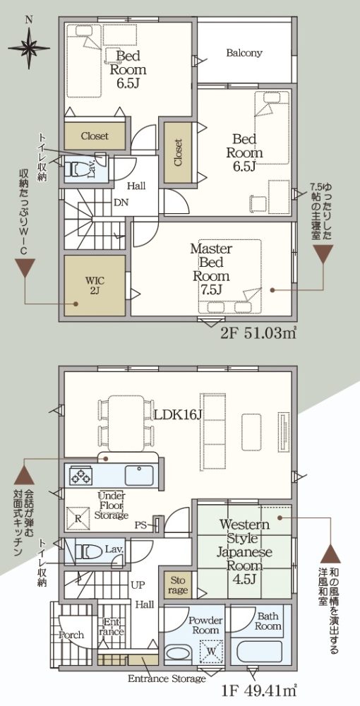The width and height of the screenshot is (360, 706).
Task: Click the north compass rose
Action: click(x=29, y=46)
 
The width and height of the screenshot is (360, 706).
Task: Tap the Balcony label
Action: click(x=244, y=53)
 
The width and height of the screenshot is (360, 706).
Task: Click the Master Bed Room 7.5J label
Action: click(x=211, y=268)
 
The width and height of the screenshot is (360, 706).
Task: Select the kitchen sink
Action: click(x=139, y=475)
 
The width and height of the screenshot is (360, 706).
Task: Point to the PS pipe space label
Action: click(x=142, y=525)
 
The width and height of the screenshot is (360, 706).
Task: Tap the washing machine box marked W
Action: click(x=210, y=650)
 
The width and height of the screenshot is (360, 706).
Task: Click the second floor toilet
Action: click(x=78, y=169)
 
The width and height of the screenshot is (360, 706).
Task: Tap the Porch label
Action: click(x=71, y=635)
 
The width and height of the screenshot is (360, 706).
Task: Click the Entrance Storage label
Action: click(x=167, y=678)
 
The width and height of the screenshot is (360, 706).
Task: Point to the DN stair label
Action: click(x=121, y=202)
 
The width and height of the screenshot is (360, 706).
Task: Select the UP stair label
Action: click(x=138, y=585)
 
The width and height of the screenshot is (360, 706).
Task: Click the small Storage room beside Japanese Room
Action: click(x=178, y=585)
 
